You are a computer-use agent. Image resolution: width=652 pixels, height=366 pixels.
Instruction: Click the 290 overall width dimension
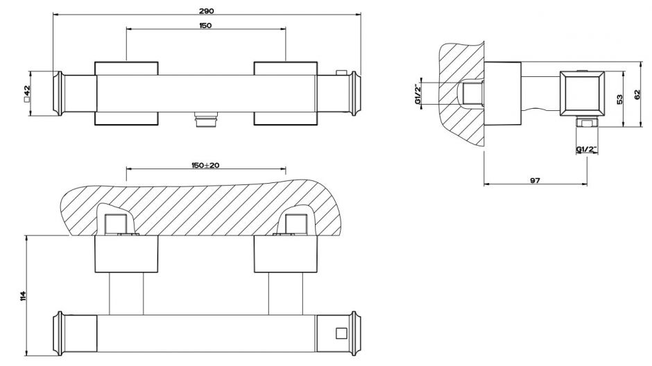tap(206, 11)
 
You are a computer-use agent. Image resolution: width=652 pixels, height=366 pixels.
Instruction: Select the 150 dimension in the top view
tap(205, 26)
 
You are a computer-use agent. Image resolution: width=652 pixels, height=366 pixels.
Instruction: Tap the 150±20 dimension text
tap(205, 165)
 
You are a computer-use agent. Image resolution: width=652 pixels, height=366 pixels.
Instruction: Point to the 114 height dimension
tap(23, 296)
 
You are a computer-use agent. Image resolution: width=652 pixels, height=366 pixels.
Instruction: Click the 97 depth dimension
tap(535, 180)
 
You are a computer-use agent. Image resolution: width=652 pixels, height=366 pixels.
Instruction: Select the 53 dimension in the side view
tap(619, 99)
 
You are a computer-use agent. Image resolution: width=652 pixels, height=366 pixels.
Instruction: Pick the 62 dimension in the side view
tap(638, 95)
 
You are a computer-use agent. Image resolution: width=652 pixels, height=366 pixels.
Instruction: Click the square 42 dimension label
tap(27, 94)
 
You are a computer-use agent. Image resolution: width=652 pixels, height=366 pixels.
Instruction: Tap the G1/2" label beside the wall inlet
tap(418, 94)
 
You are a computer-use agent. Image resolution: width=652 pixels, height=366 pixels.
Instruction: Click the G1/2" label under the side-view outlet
tap(587, 149)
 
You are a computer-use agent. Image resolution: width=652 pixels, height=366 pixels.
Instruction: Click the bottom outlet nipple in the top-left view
tap(205, 119)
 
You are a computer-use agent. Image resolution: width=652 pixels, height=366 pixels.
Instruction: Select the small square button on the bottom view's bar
tap(341, 333)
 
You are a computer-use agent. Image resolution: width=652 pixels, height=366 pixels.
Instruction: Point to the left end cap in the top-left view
tap(59, 94)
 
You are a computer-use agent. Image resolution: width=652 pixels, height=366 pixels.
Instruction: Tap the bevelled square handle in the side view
tap(581, 94)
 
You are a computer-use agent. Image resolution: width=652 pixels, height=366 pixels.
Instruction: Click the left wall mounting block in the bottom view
tap(126, 254)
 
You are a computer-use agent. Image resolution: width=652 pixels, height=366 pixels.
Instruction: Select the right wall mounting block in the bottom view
tap(286, 254)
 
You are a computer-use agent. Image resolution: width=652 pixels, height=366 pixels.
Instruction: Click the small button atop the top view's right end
tap(342, 73)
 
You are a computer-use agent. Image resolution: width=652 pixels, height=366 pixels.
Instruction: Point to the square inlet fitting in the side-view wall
tap(473, 93)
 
